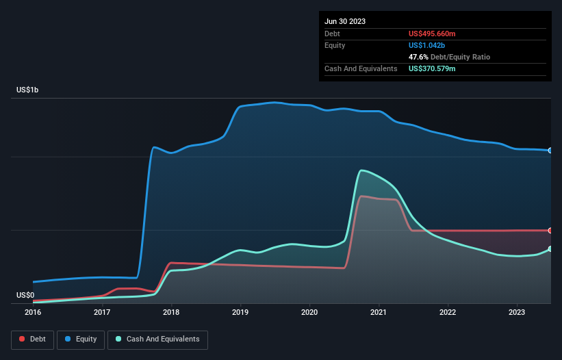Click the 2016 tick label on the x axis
click(33, 312)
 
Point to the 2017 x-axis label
click(102, 312)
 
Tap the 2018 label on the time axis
click(171, 312)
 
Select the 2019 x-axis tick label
click(240, 312)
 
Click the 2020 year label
click(309, 312)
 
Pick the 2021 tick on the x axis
click(379, 312)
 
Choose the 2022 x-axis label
click(448, 312)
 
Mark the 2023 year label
click(517, 312)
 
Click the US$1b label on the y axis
click(28, 90)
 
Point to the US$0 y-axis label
click(25, 295)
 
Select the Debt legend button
click(34, 339)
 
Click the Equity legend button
click(81, 339)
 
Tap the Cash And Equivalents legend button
click(157, 339)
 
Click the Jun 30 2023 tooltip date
click(345, 21)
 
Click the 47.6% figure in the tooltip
click(420, 57)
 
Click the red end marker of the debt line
click(550, 231)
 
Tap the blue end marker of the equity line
click(550, 150)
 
